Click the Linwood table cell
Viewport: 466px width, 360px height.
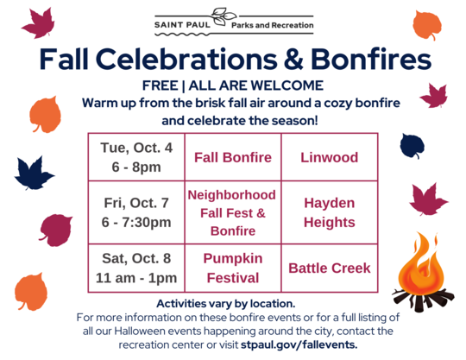[329, 158]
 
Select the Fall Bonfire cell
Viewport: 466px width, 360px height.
[232, 158]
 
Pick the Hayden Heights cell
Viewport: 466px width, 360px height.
[329, 212]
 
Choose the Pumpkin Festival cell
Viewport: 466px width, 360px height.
[232, 268]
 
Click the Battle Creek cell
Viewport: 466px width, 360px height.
[329, 268]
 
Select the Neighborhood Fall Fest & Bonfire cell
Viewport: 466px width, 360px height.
[232, 212]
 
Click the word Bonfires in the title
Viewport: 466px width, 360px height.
[362, 60]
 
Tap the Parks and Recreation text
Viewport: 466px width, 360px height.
[273, 26]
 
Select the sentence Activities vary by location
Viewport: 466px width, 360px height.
[226, 303]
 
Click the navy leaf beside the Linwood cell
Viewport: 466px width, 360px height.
[412, 148]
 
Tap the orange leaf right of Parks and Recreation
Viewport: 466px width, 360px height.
[427, 26]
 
